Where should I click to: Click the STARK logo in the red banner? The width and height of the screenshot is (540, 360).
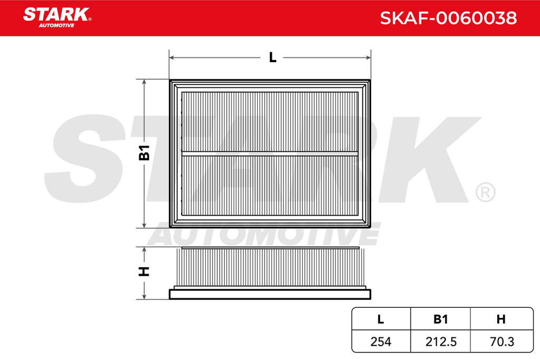pyautogui.click(x=57, y=17)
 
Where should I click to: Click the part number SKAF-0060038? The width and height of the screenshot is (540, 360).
pyautogui.click(x=448, y=18)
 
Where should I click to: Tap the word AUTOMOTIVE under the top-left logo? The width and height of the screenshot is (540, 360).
pyautogui.click(x=56, y=25)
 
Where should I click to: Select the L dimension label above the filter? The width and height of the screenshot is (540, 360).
pyautogui.click(x=273, y=57)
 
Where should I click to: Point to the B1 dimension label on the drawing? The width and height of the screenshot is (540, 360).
pyautogui.click(x=144, y=152)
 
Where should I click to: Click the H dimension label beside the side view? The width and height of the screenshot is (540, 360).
pyautogui.click(x=144, y=271)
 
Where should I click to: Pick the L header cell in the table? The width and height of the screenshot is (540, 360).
pyautogui.click(x=381, y=319)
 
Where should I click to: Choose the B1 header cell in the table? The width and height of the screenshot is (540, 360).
pyautogui.click(x=440, y=319)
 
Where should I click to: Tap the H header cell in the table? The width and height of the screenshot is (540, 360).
pyautogui.click(x=501, y=319)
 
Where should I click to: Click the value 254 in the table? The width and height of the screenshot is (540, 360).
pyautogui.click(x=381, y=342)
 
